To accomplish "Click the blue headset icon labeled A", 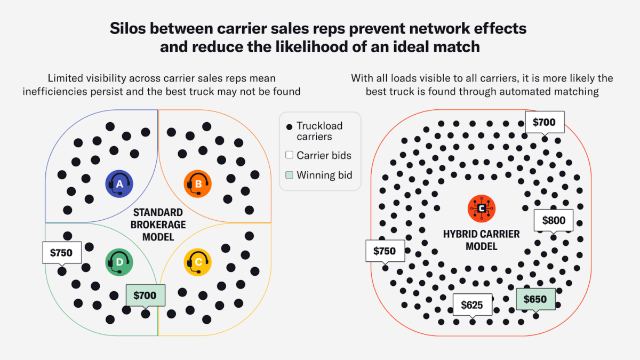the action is click(x=119, y=183).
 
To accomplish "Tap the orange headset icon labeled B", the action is click(x=198, y=183).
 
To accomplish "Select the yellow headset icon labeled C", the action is click(x=198, y=262).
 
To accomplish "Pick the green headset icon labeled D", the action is click(x=119, y=262).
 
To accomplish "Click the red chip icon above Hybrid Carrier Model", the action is click(x=482, y=209).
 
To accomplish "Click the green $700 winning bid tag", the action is click(x=146, y=295).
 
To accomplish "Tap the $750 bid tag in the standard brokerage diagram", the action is click(x=62, y=253).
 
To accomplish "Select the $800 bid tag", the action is click(x=554, y=221).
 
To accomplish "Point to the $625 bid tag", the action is click(x=473, y=305).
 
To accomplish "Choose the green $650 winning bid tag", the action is click(x=535, y=299).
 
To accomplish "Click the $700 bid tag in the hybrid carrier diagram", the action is click(x=545, y=122).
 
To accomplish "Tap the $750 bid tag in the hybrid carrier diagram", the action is click(x=385, y=251).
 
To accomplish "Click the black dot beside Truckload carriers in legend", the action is click(x=289, y=126).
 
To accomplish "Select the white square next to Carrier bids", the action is click(x=289, y=155).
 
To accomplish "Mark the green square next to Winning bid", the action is click(x=289, y=175).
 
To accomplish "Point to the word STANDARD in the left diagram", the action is click(x=158, y=213).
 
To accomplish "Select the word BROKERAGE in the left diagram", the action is click(x=158, y=225).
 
